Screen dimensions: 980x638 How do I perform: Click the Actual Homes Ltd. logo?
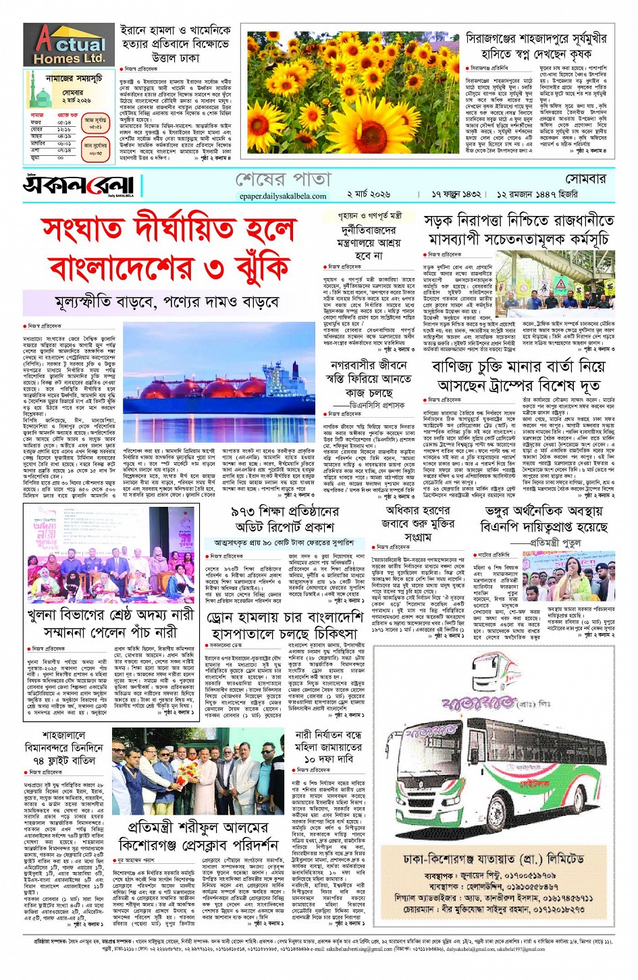coord(69,45)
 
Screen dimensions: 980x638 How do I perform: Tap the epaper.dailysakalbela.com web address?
coord(283,196)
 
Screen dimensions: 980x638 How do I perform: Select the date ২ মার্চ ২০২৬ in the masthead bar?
coord(369,194)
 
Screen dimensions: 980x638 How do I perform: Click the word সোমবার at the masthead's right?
coord(585,179)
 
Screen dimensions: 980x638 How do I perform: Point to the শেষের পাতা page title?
coord(283,180)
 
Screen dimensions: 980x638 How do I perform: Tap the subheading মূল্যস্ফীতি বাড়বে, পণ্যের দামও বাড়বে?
coord(167,302)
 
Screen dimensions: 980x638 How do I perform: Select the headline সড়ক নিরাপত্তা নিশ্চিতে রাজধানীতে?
coord(519,221)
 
